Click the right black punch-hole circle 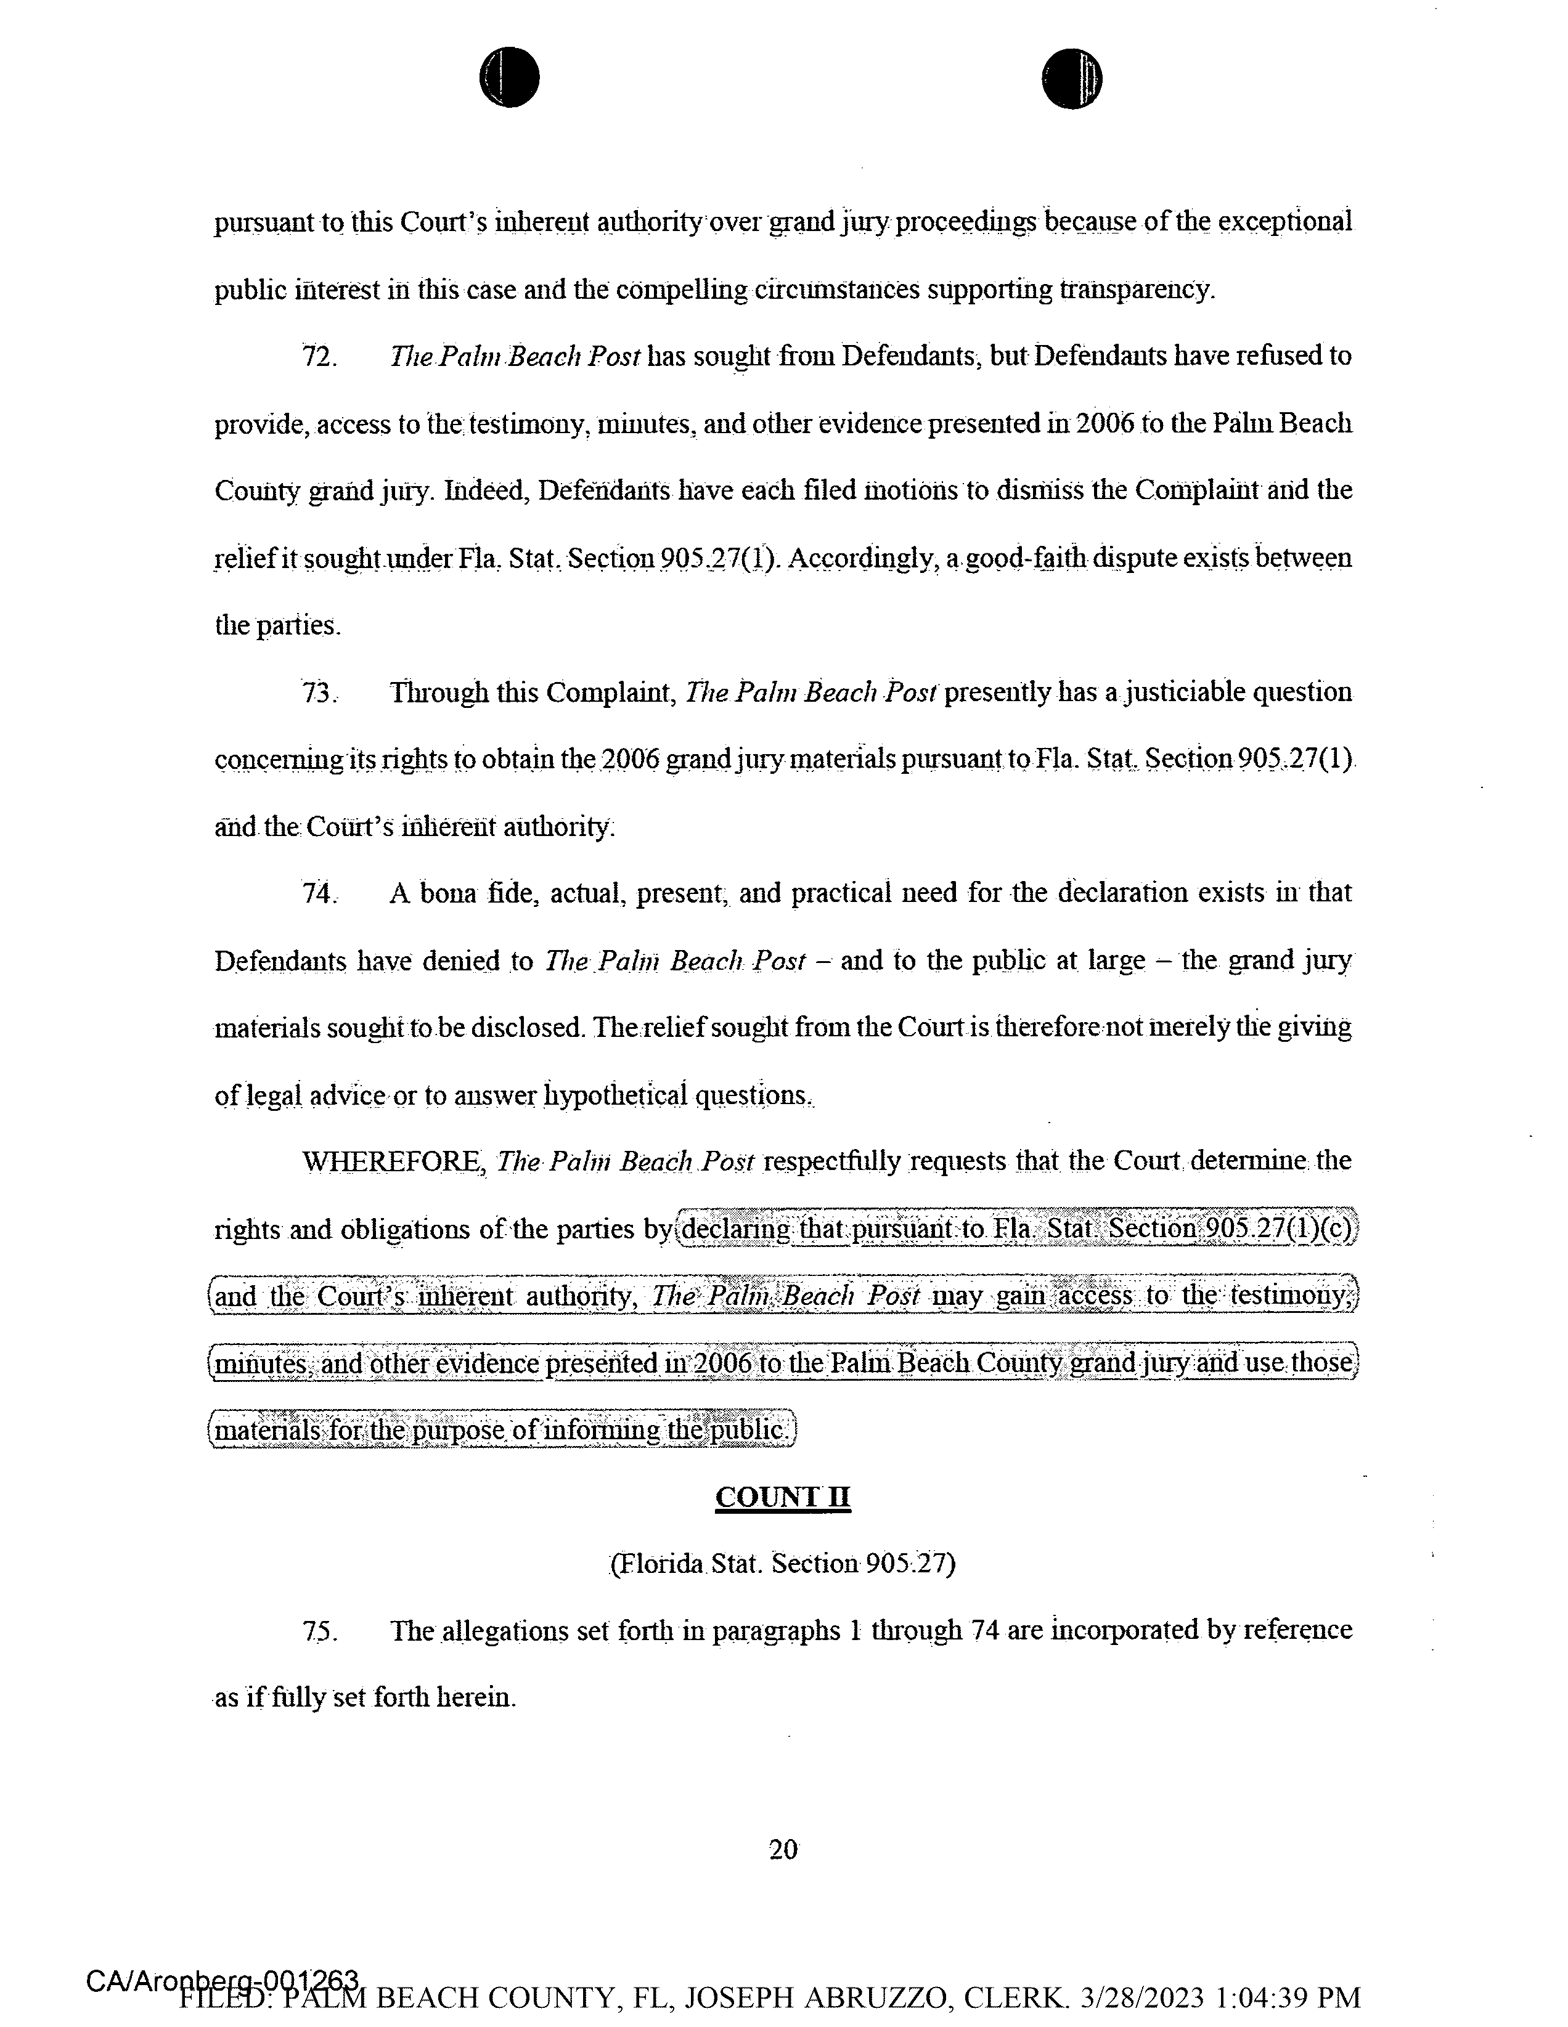(x=1071, y=78)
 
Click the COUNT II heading (x=783, y=1497)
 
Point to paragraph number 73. (x=319, y=693)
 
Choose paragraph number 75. (x=319, y=1631)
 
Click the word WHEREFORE (x=394, y=1162)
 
